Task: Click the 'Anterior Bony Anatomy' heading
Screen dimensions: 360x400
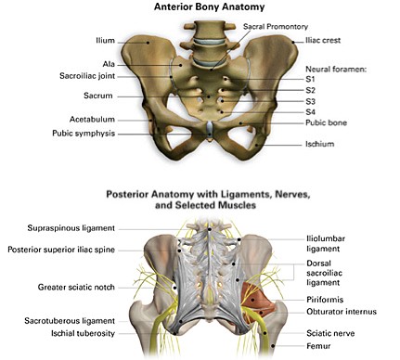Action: [200, 7]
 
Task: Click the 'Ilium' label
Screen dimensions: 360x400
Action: [105, 41]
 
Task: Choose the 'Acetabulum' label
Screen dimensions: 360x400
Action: [93, 120]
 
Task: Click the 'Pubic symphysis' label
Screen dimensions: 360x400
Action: [84, 134]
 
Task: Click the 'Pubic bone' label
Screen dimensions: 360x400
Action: [326, 122]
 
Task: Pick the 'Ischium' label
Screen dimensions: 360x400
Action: [319, 144]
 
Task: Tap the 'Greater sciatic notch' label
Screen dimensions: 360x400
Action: [77, 288]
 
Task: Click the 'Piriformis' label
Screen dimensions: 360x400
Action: [325, 301]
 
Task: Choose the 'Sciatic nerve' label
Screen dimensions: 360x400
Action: [330, 332]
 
